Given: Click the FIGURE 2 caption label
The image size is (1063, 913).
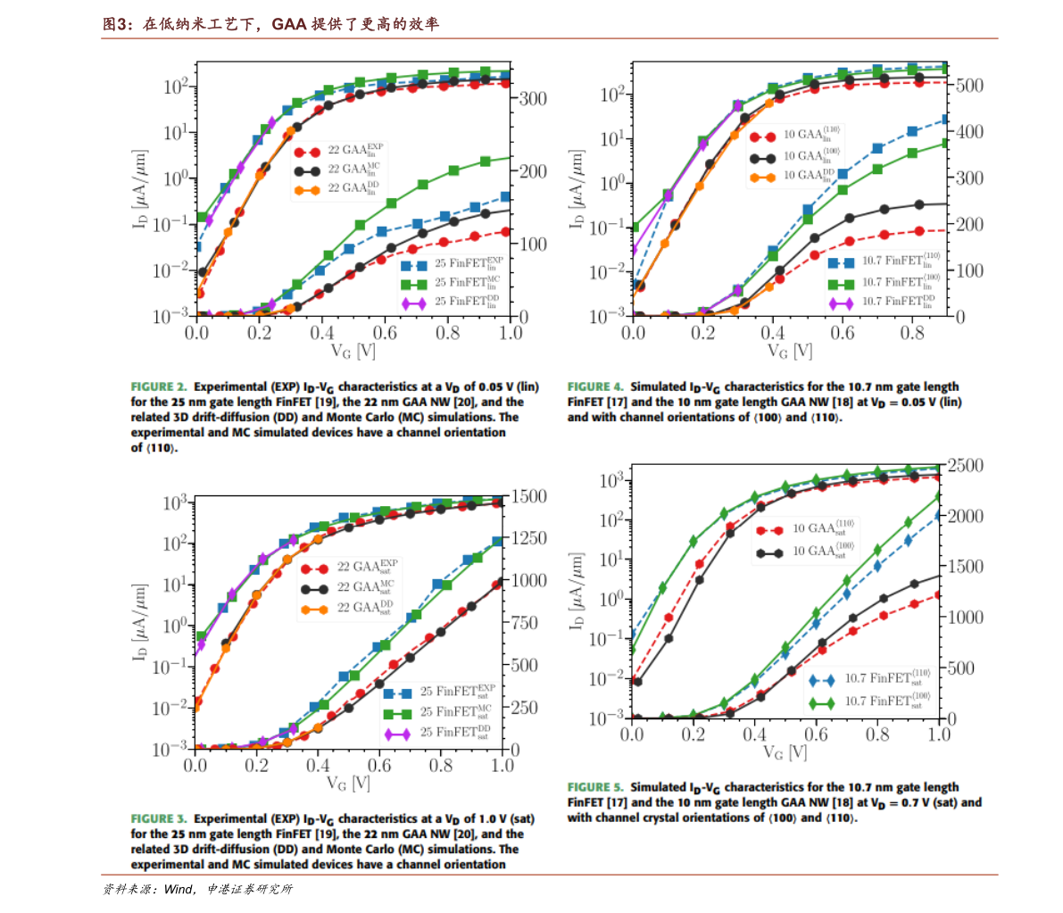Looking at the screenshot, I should coord(158,387).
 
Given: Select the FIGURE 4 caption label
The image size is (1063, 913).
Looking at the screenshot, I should coord(594,387).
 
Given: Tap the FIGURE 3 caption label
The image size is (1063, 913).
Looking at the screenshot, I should coord(158,818).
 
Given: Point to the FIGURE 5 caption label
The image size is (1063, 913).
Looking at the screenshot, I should coord(594,787).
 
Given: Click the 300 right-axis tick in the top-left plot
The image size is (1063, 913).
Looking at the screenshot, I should coord(533,98).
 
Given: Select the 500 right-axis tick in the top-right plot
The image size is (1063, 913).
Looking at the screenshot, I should coord(969,86).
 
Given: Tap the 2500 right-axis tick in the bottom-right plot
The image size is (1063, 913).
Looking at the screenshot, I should coord(965,466).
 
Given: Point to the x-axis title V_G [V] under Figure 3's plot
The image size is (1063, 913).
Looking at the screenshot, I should coord(349,784).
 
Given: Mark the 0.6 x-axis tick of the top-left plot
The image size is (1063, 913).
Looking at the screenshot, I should coord(385,333).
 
